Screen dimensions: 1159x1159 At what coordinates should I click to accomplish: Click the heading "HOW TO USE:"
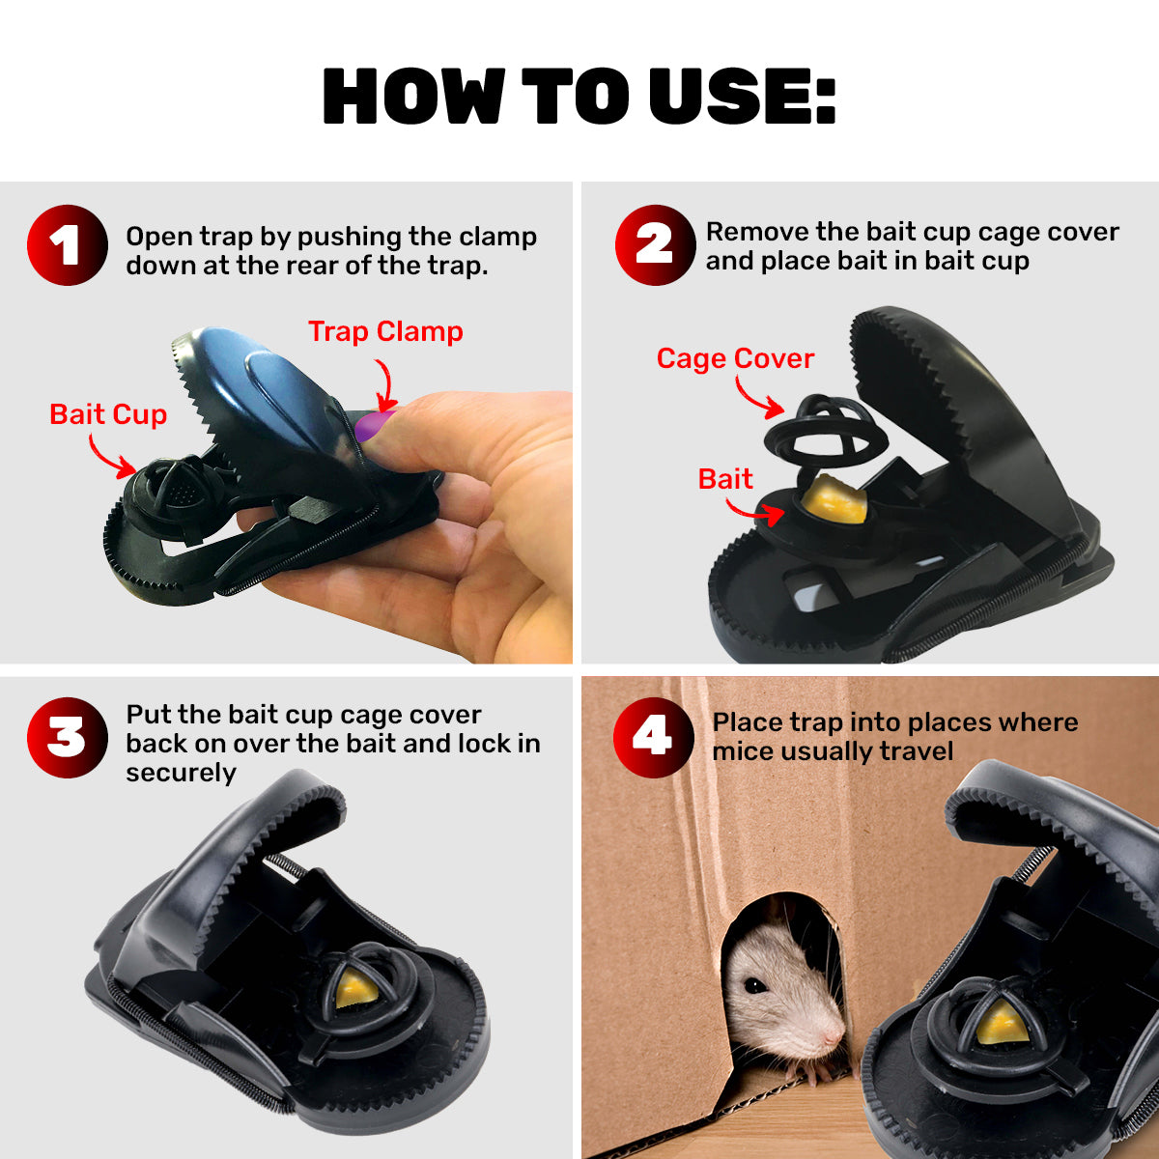579,97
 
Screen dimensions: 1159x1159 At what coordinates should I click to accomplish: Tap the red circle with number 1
67,245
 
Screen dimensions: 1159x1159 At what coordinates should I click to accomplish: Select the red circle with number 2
655,245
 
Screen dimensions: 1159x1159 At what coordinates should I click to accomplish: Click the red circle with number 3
67,738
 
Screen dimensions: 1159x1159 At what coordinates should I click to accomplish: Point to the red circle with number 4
653,738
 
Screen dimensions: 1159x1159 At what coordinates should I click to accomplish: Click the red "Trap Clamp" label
385,331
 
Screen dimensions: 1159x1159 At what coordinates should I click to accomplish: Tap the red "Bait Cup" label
108,414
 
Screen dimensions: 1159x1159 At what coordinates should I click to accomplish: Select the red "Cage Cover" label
735,358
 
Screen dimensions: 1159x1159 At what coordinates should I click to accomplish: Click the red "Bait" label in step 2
725,479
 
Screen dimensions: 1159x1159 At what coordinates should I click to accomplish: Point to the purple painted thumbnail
372,424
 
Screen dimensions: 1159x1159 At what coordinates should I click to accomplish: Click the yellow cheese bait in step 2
836,500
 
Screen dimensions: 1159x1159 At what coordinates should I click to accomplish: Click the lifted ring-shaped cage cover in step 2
826,430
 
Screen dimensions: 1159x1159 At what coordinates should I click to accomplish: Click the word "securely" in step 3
181,773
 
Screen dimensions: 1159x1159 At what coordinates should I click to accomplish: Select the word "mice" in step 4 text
743,751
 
